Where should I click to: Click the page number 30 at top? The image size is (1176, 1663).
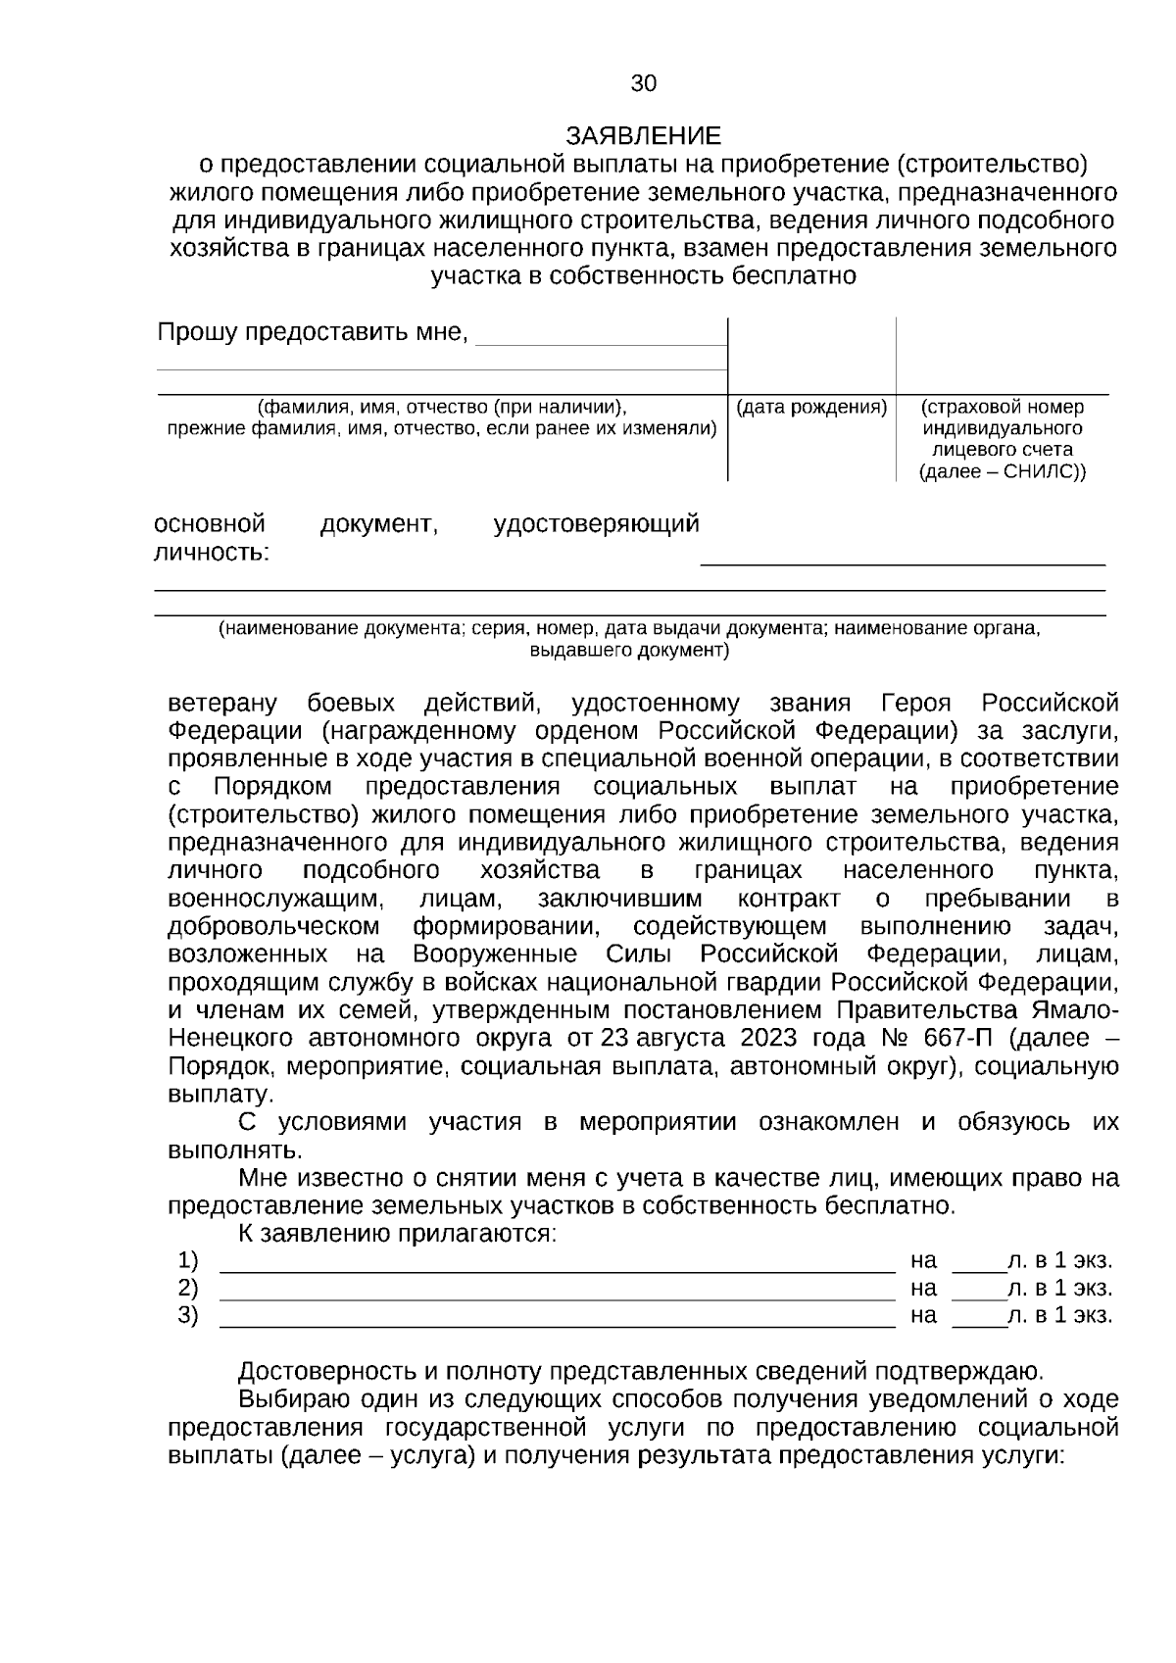pos(643,84)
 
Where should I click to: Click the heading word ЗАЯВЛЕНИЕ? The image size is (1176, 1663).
pos(643,135)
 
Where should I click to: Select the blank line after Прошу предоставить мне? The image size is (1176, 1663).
pos(600,343)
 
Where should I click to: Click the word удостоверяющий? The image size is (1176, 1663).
pos(596,524)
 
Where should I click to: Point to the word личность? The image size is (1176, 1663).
pos(212,553)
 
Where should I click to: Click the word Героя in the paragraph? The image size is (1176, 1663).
pos(916,704)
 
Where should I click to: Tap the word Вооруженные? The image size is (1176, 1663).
pos(494,954)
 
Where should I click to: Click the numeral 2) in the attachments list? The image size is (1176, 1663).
pos(187,1288)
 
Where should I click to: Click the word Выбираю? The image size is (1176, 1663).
pos(286,1399)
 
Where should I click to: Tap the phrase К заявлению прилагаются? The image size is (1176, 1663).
pos(397,1234)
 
